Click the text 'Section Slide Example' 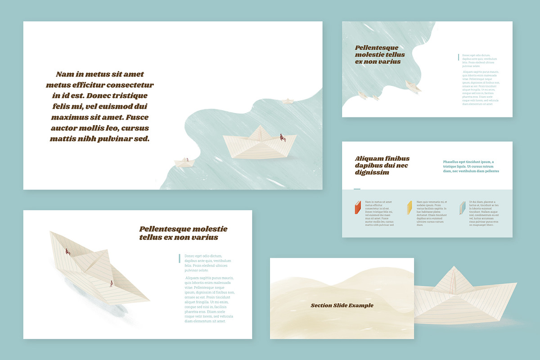[x=342, y=306]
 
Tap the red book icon [x=358, y=207]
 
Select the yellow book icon [x=409, y=207]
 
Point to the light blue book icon [x=462, y=207]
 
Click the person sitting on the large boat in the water [x=283, y=137]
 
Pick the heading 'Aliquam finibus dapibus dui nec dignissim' [x=382, y=165]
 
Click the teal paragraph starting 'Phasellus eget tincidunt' [x=471, y=166]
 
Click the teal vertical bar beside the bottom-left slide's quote [x=180, y=258]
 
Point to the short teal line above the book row [x=357, y=189]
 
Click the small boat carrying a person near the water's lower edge [x=184, y=162]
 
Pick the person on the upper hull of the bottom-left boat [x=68, y=252]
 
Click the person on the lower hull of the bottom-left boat [x=111, y=284]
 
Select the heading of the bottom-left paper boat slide [x=183, y=233]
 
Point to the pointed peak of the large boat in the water [x=260, y=127]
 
